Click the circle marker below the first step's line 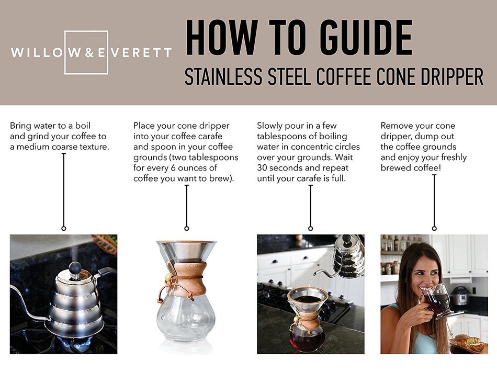(x=63, y=228)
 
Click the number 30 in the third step (x=263, y=168)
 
